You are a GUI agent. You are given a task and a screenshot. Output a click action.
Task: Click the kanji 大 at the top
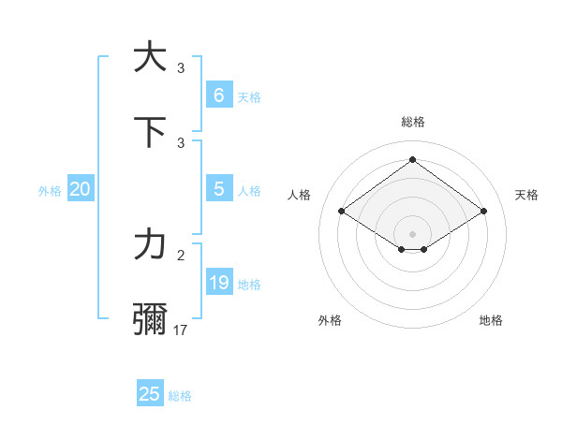(x=150, y=57)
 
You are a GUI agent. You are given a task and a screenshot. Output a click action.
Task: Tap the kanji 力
(x=150, y=245)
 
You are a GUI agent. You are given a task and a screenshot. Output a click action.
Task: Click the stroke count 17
(x=182, y=330)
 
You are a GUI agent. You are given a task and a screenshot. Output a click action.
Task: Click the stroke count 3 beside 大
(x=182, y=67)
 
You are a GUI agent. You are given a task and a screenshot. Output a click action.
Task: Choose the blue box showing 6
(x=218, y=95)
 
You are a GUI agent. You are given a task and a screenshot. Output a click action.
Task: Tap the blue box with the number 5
(x=218, y=189)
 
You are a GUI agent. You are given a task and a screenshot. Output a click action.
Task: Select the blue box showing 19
(x=218, y=283)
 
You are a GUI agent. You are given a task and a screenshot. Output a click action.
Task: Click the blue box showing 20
(x=80, y=189)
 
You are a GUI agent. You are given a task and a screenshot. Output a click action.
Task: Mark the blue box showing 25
(x=149, y=394)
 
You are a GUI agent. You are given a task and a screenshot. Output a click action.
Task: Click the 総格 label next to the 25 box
(x=180, y=396)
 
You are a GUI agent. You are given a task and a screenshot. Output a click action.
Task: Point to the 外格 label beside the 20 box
(x=50, y=191)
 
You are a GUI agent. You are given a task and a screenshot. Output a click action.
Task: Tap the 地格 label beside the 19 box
(x=249, y=285)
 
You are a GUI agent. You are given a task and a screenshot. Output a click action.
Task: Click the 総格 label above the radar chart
(x=412, y=123)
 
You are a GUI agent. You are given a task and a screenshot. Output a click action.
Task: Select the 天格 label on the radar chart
(x=526, y=195)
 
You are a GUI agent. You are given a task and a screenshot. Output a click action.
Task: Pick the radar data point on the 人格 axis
(x=342, y=212)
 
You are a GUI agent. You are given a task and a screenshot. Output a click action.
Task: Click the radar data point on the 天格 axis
(x=483, y=212)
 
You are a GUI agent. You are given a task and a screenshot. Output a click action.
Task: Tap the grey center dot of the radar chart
(x=412, y=233)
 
